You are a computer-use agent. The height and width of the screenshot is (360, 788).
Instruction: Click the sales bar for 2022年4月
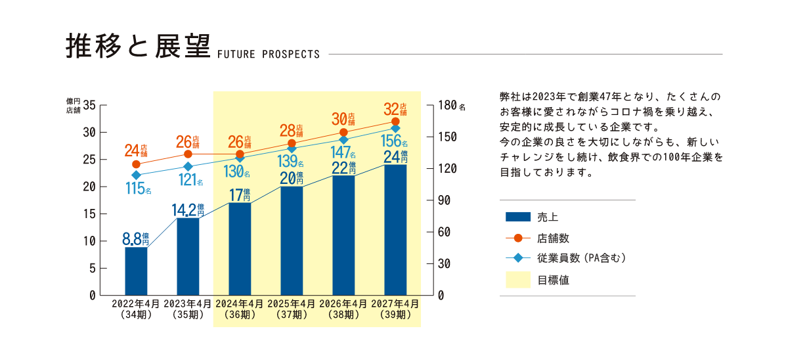tap(136, 271)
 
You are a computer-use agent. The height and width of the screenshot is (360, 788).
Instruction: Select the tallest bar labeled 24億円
tap(395, 230)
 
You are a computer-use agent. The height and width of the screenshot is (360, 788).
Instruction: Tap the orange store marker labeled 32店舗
tap(395, 122)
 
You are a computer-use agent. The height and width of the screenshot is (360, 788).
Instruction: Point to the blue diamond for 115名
tap(136, 175)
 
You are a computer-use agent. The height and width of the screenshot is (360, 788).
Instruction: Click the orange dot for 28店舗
tap(292, 143)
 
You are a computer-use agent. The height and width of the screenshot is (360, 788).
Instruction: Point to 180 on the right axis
tap(447, 105)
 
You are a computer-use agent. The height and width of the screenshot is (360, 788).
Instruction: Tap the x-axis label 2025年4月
tap(292, 304)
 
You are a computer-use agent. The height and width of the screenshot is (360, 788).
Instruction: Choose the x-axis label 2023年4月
tap(188, 304)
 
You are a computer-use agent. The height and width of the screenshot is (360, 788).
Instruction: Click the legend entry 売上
tap(548, 217)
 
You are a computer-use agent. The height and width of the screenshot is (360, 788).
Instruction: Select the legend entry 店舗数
tap(553, 238)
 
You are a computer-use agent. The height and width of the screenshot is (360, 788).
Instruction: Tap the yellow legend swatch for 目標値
tap(518, 280)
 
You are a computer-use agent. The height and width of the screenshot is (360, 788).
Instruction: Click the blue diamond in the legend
tap(518, 259)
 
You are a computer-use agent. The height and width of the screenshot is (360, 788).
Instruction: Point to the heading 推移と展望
tap(137, 46)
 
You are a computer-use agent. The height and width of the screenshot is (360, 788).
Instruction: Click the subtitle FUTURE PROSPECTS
tap(267, 54)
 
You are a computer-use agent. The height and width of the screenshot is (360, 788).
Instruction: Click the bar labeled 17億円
tap(240, 250)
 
